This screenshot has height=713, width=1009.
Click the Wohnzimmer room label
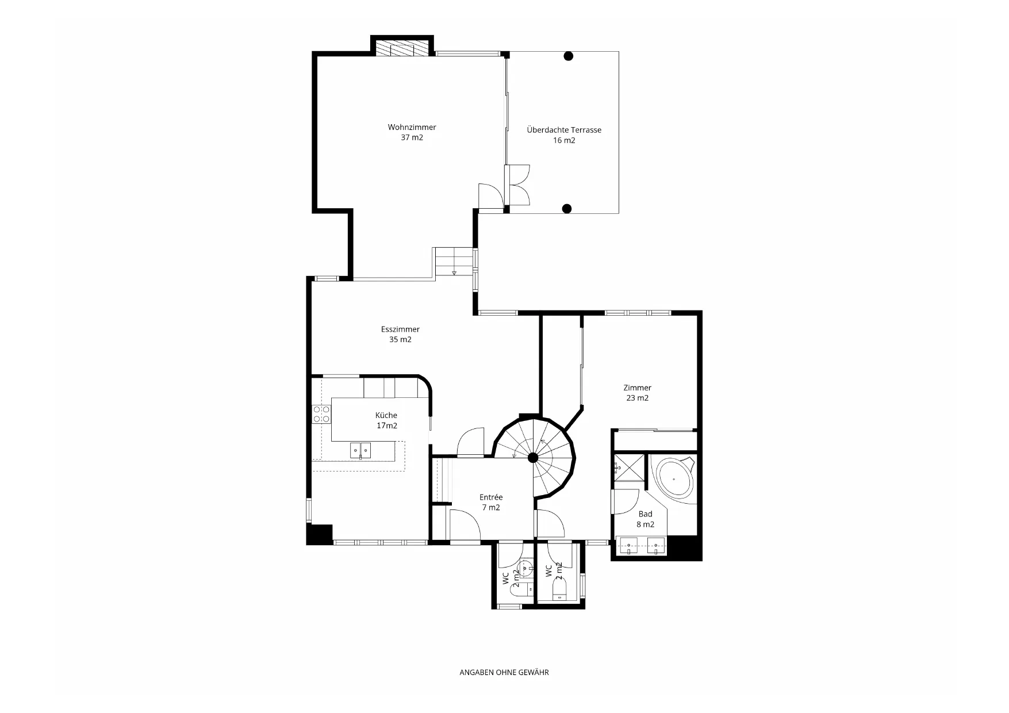(412, 132)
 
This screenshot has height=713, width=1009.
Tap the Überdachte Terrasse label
(564, 135)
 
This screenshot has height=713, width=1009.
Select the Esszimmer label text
(400, 334)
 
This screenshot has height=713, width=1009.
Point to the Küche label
(386, 420)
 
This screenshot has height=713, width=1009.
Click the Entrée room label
(491, 502)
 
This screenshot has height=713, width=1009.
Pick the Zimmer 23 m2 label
(637, 393)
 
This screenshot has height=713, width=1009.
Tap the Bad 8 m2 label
(645, 519)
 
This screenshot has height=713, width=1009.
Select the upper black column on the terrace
(568, 56)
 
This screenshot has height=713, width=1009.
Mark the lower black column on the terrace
(566, 209)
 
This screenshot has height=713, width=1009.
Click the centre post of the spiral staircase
(533, 458)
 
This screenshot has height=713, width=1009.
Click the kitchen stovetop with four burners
(321, 414)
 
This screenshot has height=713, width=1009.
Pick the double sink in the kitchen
(360, 450)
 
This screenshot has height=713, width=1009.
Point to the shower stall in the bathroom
(628, 467)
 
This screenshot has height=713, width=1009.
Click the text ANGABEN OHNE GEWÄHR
(504, 672)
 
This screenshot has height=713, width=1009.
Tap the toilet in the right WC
(559, 589)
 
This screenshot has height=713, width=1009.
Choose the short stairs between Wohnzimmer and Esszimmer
(454, 262)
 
